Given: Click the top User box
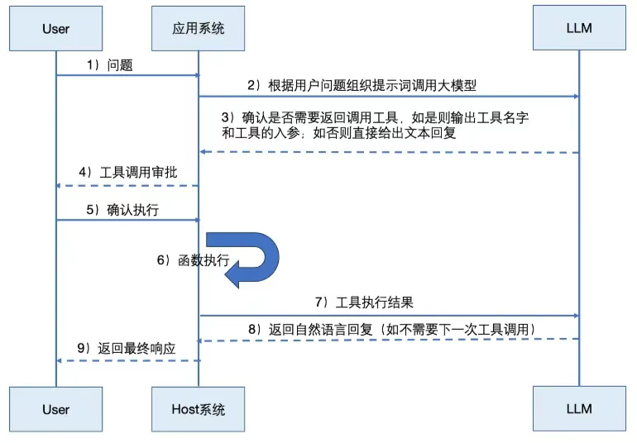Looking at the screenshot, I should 55,29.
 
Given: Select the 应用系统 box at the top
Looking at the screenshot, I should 199,29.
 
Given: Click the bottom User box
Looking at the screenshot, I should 55,409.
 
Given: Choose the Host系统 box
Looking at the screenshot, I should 199,409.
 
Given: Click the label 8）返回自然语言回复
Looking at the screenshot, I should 393,329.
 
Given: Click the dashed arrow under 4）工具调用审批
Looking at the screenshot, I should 127,185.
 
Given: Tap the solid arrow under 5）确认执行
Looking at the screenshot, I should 127,220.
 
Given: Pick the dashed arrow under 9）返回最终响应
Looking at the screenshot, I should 127,360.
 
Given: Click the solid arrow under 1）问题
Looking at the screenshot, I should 127,75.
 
